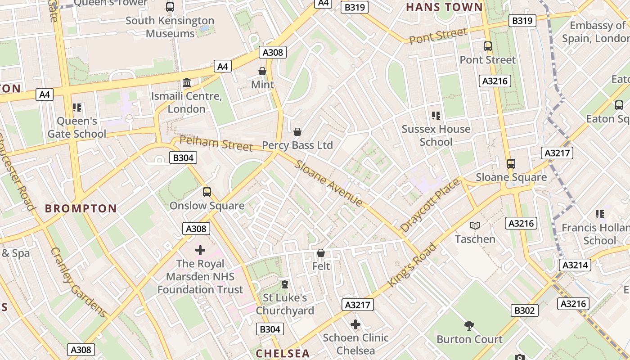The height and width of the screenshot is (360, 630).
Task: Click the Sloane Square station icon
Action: point(511,164)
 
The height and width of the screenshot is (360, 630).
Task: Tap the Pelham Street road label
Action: point(216,144)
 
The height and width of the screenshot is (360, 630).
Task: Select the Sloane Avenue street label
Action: point(328,183)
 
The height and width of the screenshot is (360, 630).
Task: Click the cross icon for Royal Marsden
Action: point(200,250)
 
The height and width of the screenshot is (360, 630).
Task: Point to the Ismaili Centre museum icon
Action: point(186,83)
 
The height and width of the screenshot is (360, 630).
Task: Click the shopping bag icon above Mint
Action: point(262,71)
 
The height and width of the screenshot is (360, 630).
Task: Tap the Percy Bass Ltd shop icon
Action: point(297,132)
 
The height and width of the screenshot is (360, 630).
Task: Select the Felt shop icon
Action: point(321,253)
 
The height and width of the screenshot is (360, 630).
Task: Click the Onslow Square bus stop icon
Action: point(207,192)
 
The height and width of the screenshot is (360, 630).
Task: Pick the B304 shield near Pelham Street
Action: point(183,157)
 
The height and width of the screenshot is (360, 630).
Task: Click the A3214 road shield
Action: point(575,265)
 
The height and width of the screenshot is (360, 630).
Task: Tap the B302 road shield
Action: point(525,310)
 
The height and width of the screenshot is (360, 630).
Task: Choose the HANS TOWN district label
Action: point(444,7)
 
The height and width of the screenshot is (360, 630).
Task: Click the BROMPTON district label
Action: point(81,209)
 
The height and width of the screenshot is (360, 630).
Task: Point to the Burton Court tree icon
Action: point(469,325)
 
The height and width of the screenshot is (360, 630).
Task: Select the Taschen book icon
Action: point(475,226)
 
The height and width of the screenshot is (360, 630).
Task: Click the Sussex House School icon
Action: point(436,116)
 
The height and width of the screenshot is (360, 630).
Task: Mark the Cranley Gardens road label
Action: point(78,283)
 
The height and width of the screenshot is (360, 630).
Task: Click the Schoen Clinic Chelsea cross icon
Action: point(355,324)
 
